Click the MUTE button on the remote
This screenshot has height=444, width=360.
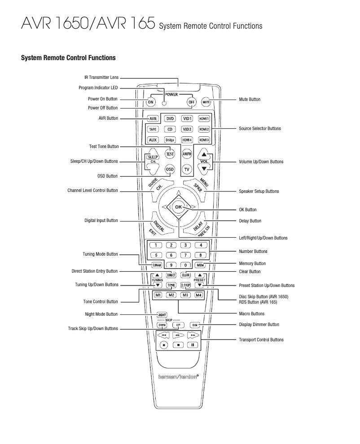pos(206,102)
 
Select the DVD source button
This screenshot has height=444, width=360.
pos(170,119)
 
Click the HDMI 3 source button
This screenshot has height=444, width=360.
pos(204,140)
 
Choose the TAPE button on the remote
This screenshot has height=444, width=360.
pos(153,130)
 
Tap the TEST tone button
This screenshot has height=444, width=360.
pos(170,153)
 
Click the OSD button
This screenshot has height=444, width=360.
pos(170,169)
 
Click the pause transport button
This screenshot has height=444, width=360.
pos(193,345)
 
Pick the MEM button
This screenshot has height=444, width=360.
pos(200,265)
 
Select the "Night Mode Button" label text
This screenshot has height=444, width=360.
pos(101,314)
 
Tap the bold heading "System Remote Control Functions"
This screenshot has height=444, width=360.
pos(68,58)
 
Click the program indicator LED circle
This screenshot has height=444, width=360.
pos(164,103)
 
